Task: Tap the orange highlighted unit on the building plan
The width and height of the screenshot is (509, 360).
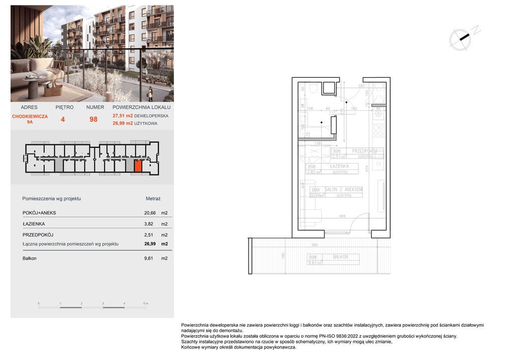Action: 138,166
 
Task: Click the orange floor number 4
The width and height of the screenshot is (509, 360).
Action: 63,119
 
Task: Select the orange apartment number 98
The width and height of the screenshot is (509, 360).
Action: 93,119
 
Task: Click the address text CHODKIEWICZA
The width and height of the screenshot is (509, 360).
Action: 30,116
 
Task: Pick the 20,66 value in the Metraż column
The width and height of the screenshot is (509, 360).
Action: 149,213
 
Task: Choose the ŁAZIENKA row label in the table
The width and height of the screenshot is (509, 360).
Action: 33,224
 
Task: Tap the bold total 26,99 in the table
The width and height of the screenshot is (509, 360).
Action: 150,244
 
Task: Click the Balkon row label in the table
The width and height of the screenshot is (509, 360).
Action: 29,258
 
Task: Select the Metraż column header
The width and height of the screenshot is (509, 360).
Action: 153,198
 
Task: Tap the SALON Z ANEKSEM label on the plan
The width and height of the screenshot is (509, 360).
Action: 343,189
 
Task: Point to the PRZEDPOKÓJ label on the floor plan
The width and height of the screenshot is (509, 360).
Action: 366,151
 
